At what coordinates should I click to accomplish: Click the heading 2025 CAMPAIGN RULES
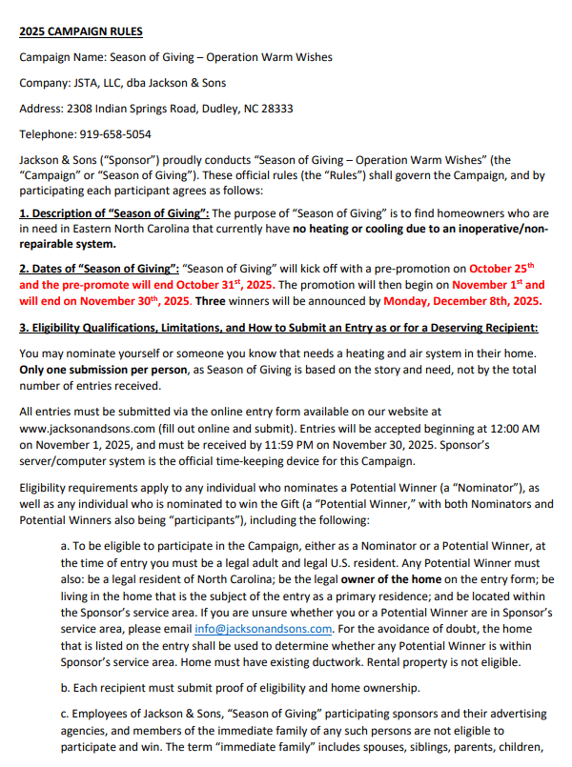81,31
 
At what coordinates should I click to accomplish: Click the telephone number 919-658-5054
113,134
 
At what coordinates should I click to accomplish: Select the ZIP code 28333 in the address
273,109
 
